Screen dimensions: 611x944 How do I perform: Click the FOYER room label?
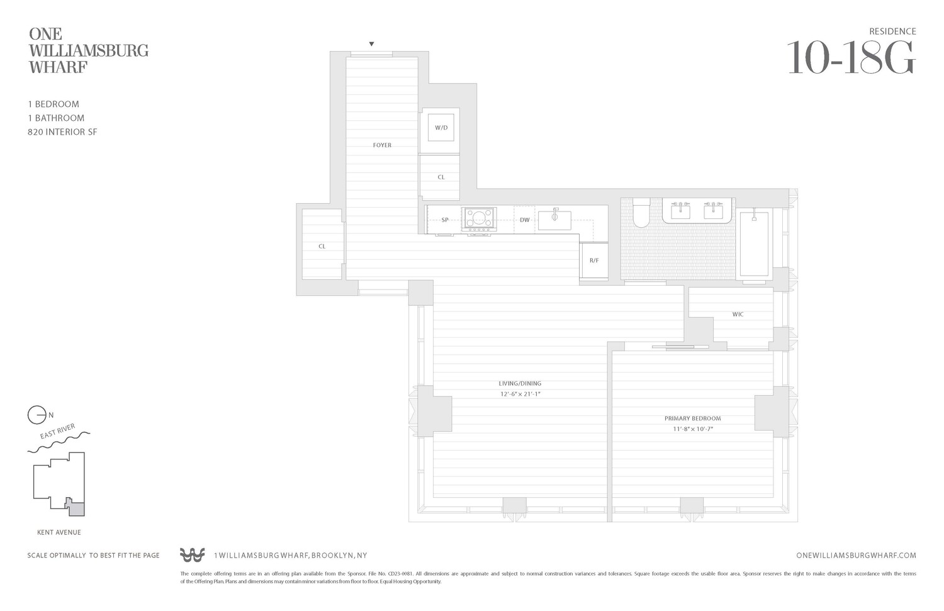(x=382, y=145)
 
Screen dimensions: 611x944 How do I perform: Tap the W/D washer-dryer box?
(x=441, y=128)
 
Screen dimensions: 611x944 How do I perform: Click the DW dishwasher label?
(x=524, y=220)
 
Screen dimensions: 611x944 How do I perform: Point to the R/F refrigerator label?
(x=594, y=261)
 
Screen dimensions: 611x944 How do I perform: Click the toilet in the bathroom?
(x=641, y=213)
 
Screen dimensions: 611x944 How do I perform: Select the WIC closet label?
(x=738, y=315)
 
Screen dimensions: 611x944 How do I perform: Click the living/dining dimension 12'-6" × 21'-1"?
(x=520, y=395)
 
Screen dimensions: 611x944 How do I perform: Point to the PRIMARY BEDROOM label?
(x=692, y=418)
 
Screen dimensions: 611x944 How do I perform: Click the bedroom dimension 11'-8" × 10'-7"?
(x=692, y=429)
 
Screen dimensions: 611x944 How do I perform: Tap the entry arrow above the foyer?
(x=371, y=44)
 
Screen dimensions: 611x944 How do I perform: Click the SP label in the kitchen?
(x=445, y=220)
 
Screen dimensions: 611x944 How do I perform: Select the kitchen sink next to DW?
(x=554, y=220)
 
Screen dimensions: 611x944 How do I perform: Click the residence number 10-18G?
(x=851, y=59)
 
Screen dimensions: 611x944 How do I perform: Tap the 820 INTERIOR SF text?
(x=62, y=132)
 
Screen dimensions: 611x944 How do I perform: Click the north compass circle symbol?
(x=37, y=415)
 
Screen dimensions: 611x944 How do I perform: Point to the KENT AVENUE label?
(x=59, y=532)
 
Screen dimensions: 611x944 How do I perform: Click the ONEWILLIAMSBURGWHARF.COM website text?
(x=856, y=556)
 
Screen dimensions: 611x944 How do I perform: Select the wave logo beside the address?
(x=192, y=555)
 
